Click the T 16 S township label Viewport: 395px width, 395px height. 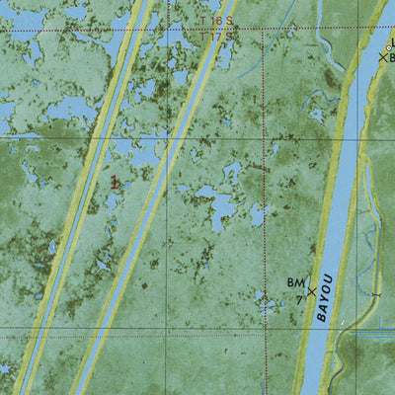click(x=211, y=20)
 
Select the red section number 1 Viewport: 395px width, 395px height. click(x=115, y=182)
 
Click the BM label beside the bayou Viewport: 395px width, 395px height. click(x=296, y=282)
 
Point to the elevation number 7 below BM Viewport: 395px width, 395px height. click(x=298, y=299)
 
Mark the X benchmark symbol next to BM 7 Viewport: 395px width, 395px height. click(x=312, y=291)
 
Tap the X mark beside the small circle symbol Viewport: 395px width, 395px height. click(x=384, y=57)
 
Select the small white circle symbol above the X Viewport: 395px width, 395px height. click(x=391, y=42)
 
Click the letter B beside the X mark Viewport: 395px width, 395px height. click(x=391, y=58)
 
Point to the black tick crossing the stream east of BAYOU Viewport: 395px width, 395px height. click(x=375, y=294)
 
